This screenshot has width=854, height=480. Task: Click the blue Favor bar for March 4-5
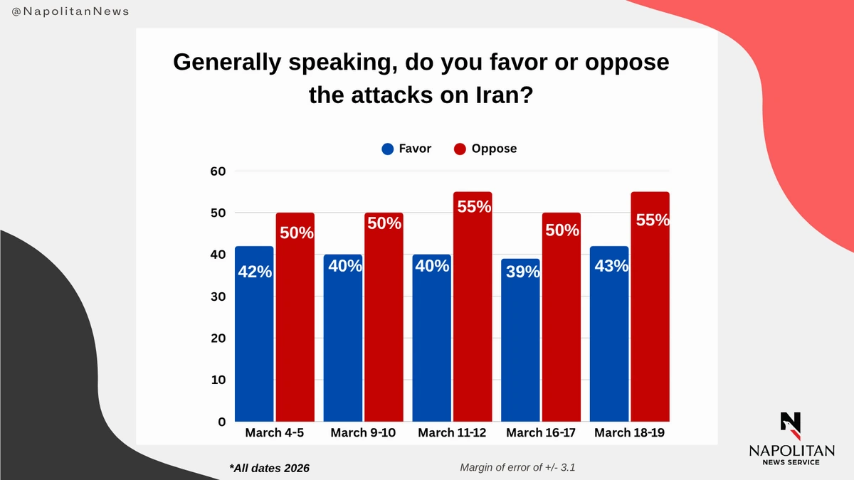point(254,334)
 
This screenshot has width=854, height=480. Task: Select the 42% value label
point(255,271)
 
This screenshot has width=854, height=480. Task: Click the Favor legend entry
point(406,149)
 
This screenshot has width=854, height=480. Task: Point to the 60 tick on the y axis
point(216,171)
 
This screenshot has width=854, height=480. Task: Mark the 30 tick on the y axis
point(216,297)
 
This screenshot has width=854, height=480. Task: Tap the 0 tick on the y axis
point(221,422)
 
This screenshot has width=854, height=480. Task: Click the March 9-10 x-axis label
point(362,433)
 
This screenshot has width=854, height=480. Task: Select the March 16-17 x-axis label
point(540,433)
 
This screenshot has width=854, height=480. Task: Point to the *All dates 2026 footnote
point(270,468)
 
